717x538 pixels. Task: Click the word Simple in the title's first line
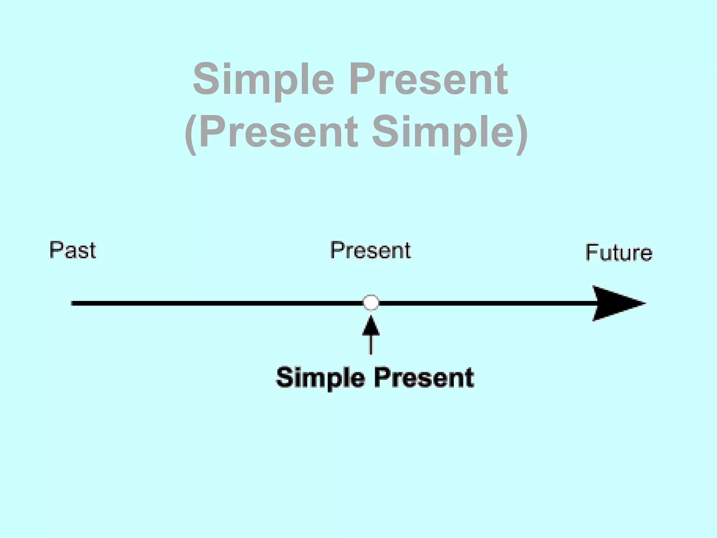(263, 80)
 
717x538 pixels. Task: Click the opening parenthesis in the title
(191, 134)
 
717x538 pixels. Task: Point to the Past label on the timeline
(72, 250)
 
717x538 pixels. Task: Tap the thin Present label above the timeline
(370, 250)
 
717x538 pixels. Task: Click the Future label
(619, 252)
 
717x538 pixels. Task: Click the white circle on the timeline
(371, 303)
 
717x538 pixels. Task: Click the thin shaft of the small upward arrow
(371, 345)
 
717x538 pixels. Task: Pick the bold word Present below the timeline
(425, 378)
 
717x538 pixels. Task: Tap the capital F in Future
(592, 252)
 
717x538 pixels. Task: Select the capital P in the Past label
(56, 250)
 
